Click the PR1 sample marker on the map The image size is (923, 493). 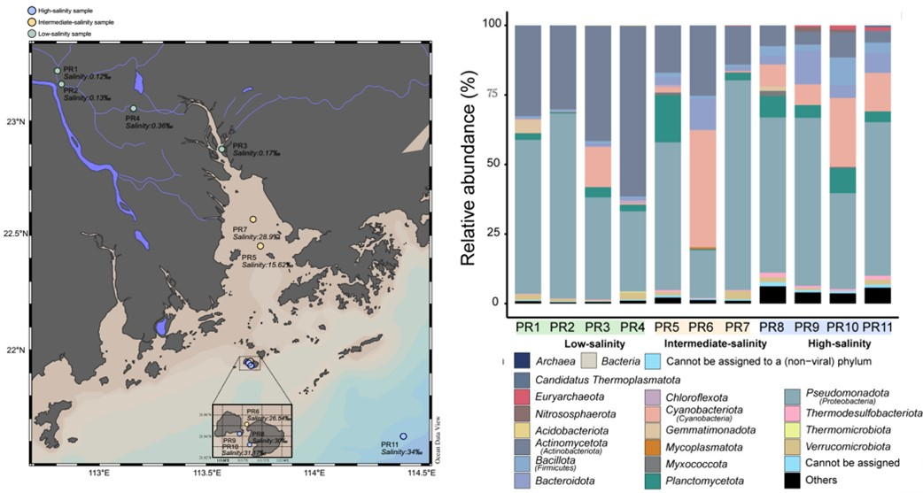[58, 71]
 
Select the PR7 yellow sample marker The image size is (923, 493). [253, 220]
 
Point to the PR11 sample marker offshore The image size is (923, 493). [403, 436]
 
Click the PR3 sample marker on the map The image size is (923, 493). [222, 149]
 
